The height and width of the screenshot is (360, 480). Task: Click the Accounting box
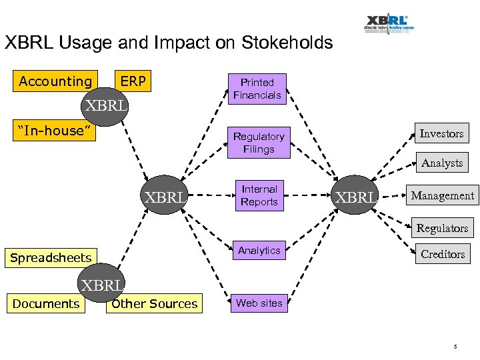(x=55, y=81)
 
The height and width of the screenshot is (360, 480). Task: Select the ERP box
(x=133, y=81)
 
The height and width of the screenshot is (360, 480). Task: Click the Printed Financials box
(x=257, y=89)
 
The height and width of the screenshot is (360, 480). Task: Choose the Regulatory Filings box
(x=259, y=143)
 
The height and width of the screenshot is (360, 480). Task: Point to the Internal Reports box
(x=259, y=195)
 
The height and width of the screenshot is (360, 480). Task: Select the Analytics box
(x=259, y=251)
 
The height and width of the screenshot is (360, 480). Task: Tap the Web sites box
(x=259, y=303)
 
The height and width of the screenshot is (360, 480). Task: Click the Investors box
(x=441, y=133)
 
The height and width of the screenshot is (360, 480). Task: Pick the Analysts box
(x=441, y=163)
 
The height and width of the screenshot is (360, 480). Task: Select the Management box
(x=442, y=195)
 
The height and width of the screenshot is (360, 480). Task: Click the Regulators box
(x=442, y=228)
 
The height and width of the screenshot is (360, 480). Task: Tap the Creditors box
(x=442, y=254)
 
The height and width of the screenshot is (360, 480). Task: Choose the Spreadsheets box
(x=51, y=258)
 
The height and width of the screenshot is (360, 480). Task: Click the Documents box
(x=46, y=304)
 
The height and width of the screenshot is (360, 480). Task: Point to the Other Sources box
(x=155, y=304)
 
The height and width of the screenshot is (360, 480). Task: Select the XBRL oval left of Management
(x=356, y=197)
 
